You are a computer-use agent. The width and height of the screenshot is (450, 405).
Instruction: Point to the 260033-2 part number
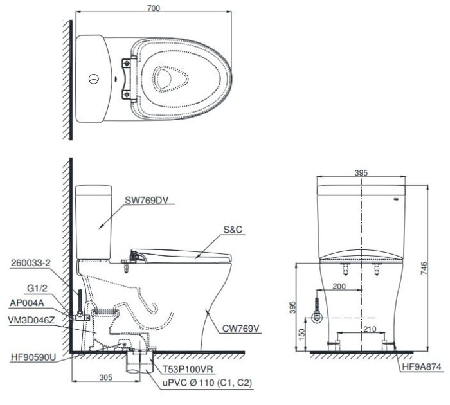coord(31,262)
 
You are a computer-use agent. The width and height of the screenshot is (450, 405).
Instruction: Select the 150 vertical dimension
coord(303,336)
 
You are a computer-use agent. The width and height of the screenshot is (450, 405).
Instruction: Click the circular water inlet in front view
coord(316,318)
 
